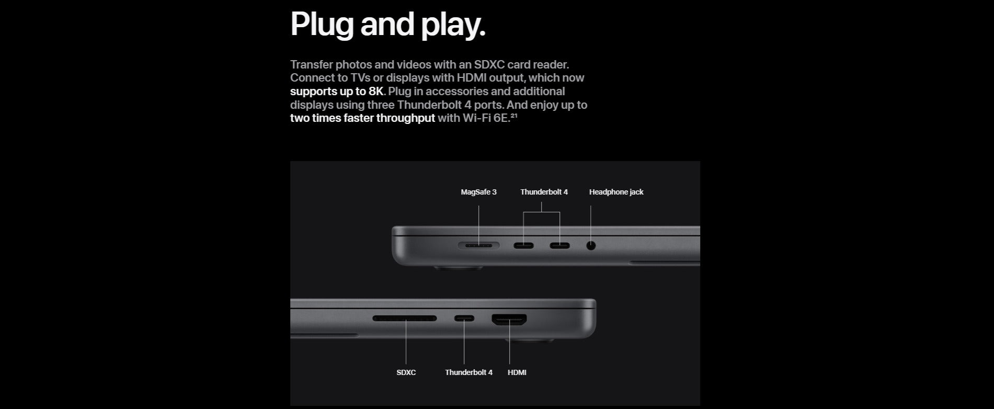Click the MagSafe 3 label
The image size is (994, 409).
pos(478,192)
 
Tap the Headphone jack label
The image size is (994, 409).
pos(616,192)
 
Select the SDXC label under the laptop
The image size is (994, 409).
pos(406,372)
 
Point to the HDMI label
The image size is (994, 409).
pos(517,372)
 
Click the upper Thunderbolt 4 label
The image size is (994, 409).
pos(544,192)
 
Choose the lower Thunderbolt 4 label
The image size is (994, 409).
pos(469,372)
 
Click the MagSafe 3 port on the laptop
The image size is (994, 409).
pos(478,245)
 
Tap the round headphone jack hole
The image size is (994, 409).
pos(591,245)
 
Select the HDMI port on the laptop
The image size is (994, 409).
pos(509,319)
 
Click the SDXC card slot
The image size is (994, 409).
pos(405,318)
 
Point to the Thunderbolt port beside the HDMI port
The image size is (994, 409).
pos(464,318)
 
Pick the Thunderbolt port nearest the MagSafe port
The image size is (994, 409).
pos(523,245)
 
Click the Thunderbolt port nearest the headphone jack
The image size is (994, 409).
pos(559,245)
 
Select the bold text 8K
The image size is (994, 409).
pos(376,91)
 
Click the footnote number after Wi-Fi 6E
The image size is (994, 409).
pos(513,115)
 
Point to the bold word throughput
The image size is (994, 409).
pos(406,118)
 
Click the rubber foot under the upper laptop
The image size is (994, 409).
pos(459,268)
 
